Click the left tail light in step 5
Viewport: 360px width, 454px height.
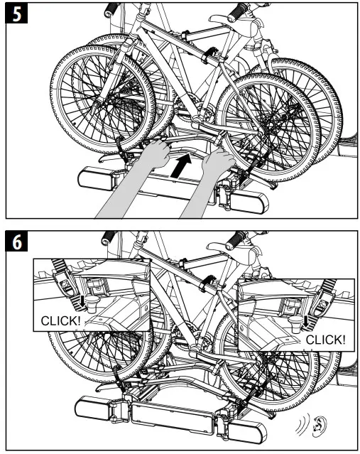click(96, 178)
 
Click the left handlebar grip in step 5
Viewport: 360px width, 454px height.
click(111, 10)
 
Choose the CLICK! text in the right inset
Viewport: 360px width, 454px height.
click(324, 340)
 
